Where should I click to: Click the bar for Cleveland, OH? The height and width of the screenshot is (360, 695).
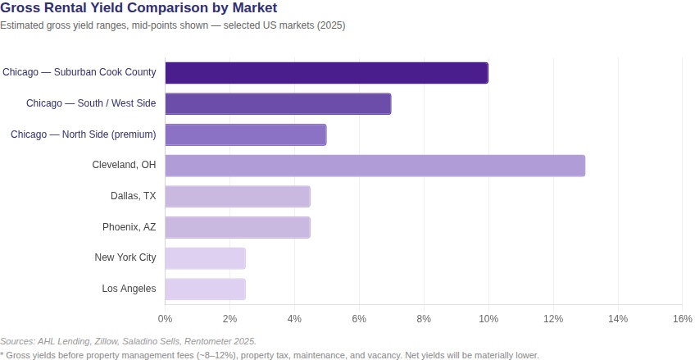pyautogui.click(x=375, y=166)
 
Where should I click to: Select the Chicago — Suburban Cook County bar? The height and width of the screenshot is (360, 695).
pyautogui.click(x=326, y=72)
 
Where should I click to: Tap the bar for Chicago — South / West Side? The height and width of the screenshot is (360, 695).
pyautogui.click(x=278, y=103)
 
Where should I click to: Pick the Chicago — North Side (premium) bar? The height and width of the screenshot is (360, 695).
pyautogui.click(x=246, y=134)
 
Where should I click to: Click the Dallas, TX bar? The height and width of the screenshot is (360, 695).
pyautogui.click(x=238, y=197)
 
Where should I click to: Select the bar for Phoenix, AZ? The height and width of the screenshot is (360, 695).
pyautogui.click(x=238, y=227)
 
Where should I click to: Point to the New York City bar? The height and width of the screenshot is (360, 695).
pyautogui.click(x=205, y=258)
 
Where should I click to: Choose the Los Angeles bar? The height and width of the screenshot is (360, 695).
pyautogui.click(x=205, y=289)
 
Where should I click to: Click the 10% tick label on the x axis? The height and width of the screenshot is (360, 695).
pyautogui.click(x=488, y=318)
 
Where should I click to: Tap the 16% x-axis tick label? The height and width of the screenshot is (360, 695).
pyautogui.click(x=682, y=318)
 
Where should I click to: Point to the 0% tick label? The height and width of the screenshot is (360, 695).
pyautogui.click(x=165, y=318)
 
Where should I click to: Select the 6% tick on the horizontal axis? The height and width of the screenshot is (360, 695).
pyautogui.click(x=359, y=318)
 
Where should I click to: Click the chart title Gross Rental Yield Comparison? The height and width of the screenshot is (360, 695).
pyautogui.click(x=139, y=8)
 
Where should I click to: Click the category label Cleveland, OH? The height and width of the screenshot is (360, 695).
pyautogui.click(x=124, y=165)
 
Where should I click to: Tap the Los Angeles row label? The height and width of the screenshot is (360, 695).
pyautogui.click(x=129, y=289)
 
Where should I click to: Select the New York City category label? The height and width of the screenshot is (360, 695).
pyautogui.click(x=125, y=257)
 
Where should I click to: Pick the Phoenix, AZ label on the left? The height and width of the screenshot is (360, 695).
pyautogui.click(x=129, y=226)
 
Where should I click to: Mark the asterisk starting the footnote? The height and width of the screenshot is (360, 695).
pyautogui.click(x=2, y=355)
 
